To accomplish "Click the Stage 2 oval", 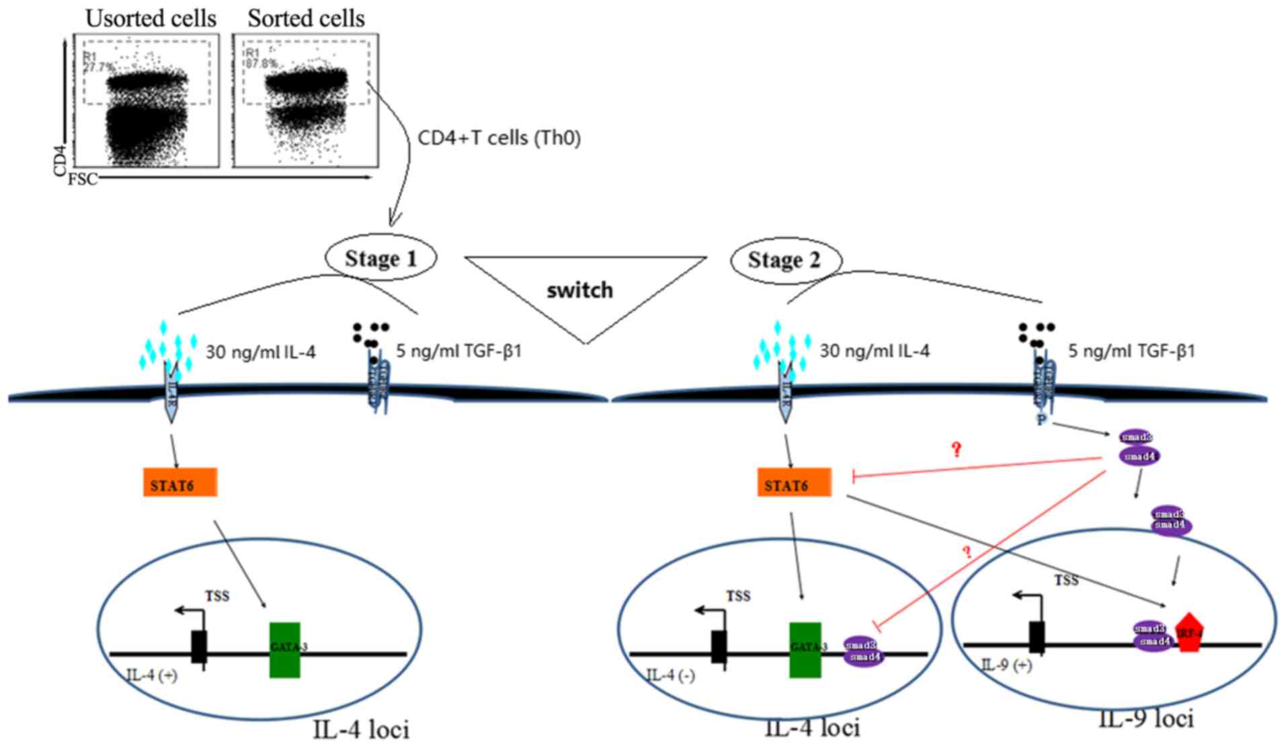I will click(x=785, y=260).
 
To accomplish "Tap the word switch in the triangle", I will click(x=579, y=290).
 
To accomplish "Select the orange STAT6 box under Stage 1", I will click(x=179, y=483).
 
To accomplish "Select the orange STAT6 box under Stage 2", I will click(x=794, y=483).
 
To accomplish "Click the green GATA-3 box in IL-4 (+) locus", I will click(x=285, y=649).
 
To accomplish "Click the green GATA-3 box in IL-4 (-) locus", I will click(x=805, y=649).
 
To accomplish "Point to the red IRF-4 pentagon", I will click(x=1189, y=632).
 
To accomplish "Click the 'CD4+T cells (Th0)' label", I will click(x=499, y=138).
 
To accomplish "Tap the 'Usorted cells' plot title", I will click(x=151, y=19).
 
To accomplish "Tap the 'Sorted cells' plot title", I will click(x=306, y=19).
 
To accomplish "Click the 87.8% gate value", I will click(x=262, y=64).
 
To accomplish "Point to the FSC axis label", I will click(x=83, y=179).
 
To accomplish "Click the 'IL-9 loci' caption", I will click(x=1146, y=720).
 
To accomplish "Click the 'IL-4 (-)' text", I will click(x=670, y=675).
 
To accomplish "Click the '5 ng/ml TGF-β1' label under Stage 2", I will click(x=1131, y=351).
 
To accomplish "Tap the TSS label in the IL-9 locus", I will click(x=1066, y=580).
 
